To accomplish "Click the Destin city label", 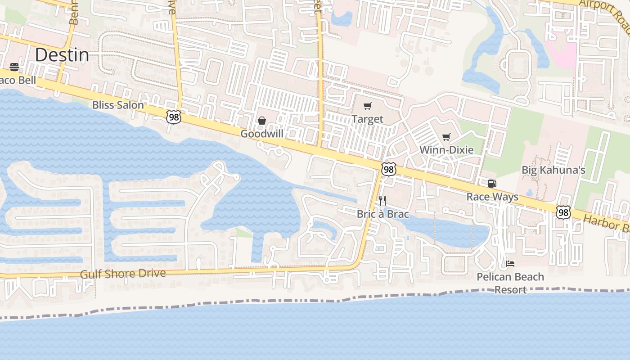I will click(62, 55).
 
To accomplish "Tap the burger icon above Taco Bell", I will click(14, 67).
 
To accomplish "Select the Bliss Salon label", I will click(118, 105).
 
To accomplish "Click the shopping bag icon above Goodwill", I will click(261, 121).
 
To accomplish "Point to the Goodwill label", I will click(261, 134).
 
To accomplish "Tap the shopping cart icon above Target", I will click(368, 106).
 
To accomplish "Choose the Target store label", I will click(368, 119).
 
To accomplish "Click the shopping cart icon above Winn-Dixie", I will click(446, 137).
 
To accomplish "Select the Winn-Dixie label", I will click(446, 150).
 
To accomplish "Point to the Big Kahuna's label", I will click(553, 170).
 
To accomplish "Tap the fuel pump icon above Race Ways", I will click(492, 184).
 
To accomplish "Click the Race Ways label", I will click(492, 197).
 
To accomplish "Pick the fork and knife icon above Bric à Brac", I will click(382, 200).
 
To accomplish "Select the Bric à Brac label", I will click(382, 214).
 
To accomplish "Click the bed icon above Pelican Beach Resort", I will click(510, 263).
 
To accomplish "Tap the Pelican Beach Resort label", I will click(510, 283).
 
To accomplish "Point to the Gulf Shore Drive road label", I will click(123, 274).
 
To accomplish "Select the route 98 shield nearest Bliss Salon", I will click(173, 117).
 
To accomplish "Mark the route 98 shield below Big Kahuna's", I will click(563, 212).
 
